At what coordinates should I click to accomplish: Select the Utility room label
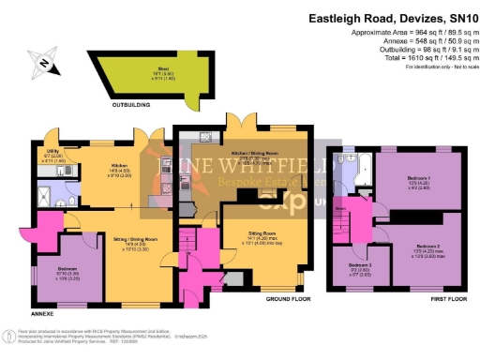point(55,155)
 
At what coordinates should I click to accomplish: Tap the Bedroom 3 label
point(359,267)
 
